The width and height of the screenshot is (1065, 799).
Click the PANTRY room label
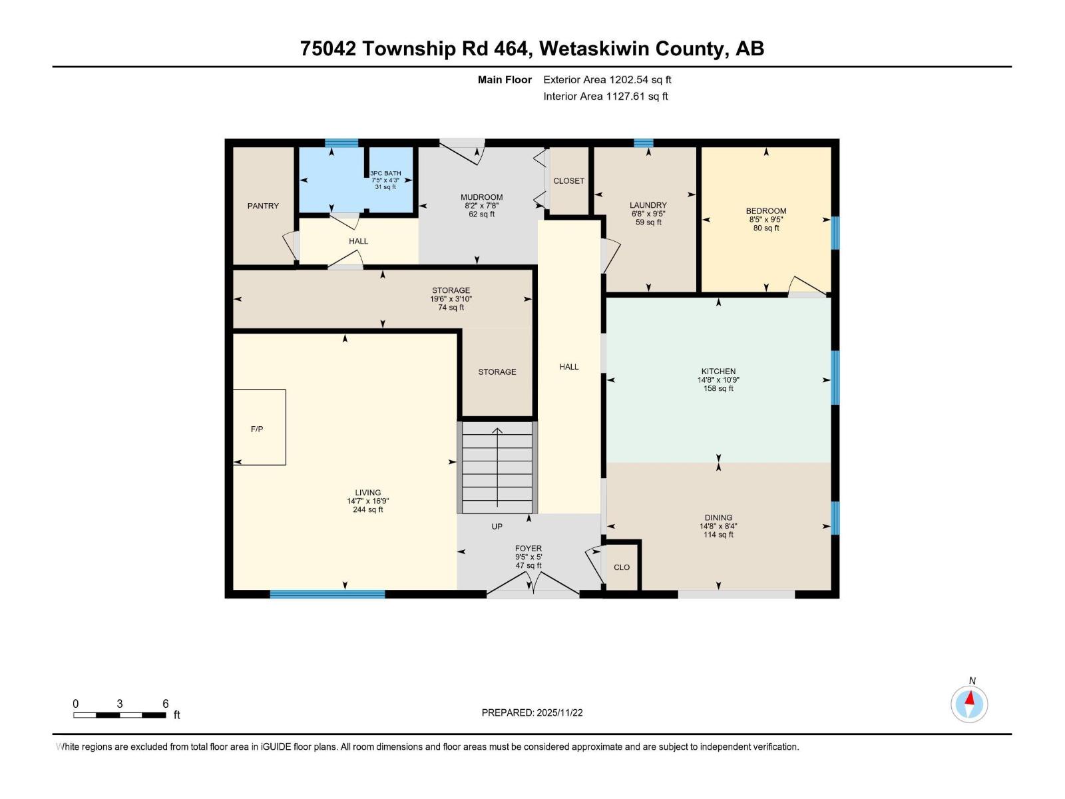click(x=263, y=206)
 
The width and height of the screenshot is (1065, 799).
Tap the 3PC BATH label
click(x=385, y=174)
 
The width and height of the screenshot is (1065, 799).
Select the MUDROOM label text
click(x=481, y=197)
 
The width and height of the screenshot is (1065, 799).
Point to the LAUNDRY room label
click(x=648, y=205)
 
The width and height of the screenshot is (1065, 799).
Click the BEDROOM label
click(x=765, y=211)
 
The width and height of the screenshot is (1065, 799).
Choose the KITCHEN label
click(x=718, y=372)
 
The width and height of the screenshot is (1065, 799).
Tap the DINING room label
click(x=718, y=517)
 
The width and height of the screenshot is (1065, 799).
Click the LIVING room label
click(x=367, y=493)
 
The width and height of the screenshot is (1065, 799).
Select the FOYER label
click(x=529, y=549)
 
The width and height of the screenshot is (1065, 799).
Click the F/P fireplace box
click(x=259, y=427)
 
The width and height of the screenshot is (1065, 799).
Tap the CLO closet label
click(x=622, y=567)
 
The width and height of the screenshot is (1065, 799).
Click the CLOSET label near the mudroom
click(x=568, y=181)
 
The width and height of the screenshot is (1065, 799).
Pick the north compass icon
click(x=969, y=704)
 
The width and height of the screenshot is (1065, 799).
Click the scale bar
click(x=120, y=715)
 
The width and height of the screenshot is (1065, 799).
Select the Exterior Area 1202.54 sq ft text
click(x=607, y=80)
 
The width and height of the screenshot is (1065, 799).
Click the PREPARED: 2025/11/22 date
click(x=532, y=712)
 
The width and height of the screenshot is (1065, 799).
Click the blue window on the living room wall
click(x=327, y=594)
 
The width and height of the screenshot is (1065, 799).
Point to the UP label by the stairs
click(x=497, y=527)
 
